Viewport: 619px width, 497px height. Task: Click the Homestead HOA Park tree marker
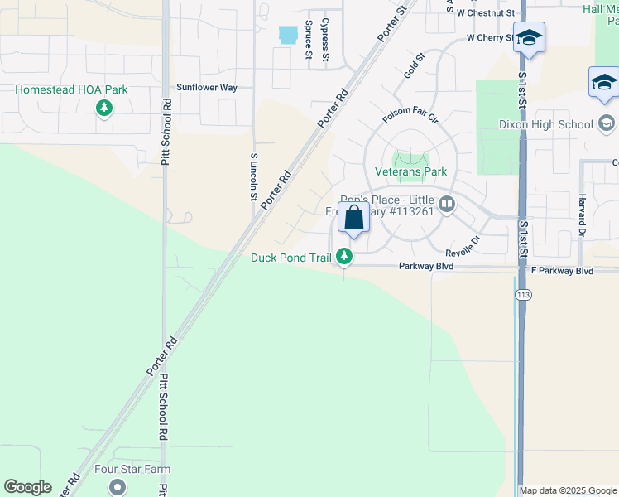coord(104,108)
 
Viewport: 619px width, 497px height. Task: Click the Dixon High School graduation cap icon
coord(607,124)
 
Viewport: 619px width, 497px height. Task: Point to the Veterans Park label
coord(411,171)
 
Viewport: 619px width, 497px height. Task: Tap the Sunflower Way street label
coord(207,87)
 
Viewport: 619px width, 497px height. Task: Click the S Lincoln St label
coord(253,176)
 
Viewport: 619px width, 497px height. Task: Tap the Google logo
coord(27,487)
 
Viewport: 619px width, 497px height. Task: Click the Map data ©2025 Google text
coord(568,490)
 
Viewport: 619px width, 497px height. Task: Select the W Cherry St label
coord(490,38)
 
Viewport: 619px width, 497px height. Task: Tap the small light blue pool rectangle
coord(288,35)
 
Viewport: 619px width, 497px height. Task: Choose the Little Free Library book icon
coord(447,204)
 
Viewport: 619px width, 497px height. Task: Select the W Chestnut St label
coord(485,13)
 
